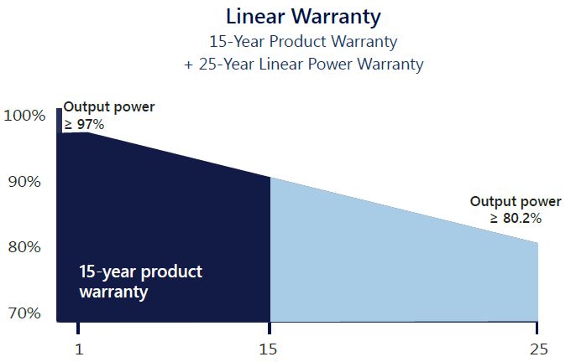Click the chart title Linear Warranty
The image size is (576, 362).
coord(303,18)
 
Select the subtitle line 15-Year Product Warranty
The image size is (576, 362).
coord(303,42)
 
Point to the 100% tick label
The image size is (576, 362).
coord(24,116)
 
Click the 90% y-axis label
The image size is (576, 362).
coord(24,182)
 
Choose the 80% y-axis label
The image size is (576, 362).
coord(24,247)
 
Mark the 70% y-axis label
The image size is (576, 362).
coord(24,313)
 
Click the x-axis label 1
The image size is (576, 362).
coord(79,349)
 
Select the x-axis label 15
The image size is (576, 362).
coord(268,349)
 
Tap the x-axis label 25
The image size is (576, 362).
coord(539,349)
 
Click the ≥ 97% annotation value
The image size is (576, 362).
coord(84,125)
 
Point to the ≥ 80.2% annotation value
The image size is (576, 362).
coord(516,218)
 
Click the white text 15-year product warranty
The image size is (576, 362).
coord(141,282)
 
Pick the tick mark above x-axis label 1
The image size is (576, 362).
coord(78,328)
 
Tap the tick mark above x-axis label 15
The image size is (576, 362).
coord(270,328)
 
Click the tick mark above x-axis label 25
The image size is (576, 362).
coord(537,328)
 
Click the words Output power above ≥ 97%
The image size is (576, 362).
coord(109,107)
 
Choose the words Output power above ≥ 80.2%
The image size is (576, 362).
coord(516,201)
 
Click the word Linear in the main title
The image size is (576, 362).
coord(255,17)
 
